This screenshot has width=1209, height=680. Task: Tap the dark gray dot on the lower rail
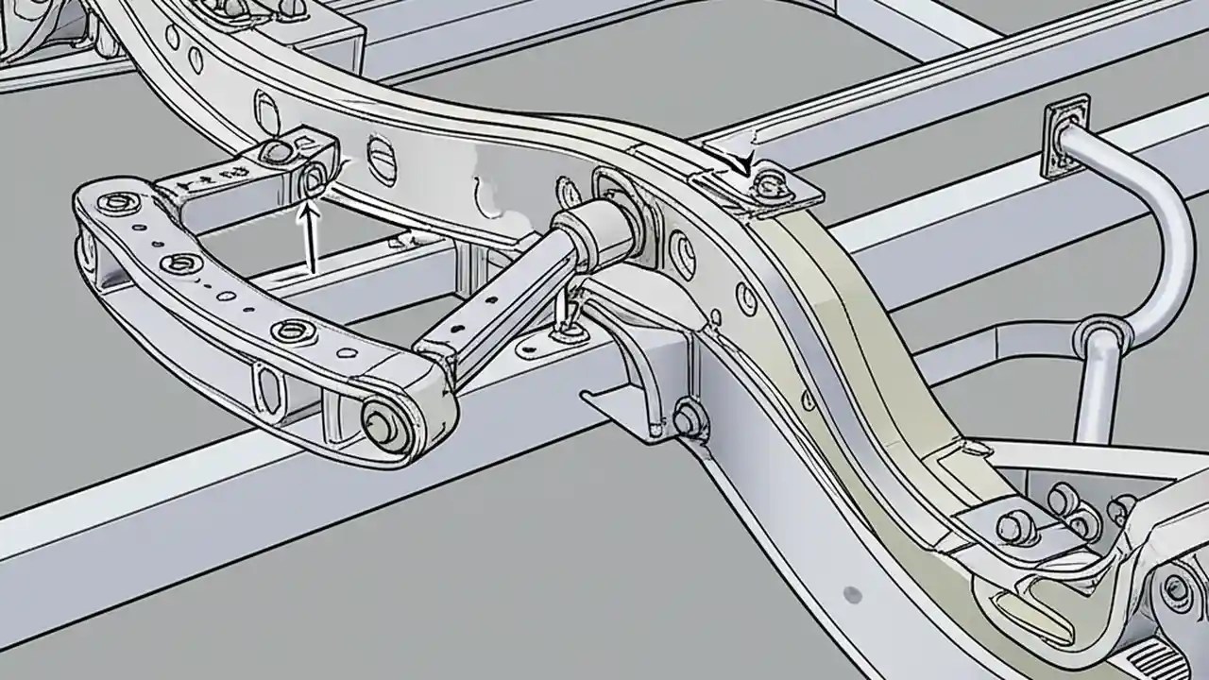852,594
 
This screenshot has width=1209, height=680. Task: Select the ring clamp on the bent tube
1099,336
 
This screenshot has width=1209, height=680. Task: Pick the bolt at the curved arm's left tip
117,202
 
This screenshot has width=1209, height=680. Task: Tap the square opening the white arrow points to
313,177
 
